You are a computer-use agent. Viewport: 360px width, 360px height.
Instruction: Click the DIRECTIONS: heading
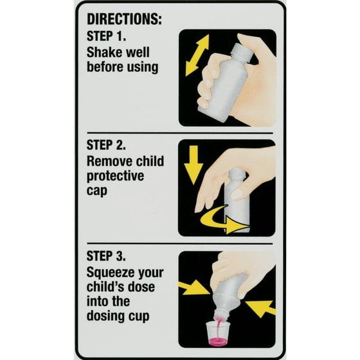pos(125,19)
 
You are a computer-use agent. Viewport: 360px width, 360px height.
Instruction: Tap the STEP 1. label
pos(106,36)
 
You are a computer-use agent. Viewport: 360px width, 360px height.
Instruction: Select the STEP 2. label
pos(106,145)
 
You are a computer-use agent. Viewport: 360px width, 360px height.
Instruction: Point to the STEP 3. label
pos(106,256)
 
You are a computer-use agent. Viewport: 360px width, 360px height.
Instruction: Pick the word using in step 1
pos(142,67)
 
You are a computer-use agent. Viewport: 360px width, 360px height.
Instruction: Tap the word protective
pos(115,177)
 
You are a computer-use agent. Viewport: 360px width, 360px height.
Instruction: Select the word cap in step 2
pos(96,192)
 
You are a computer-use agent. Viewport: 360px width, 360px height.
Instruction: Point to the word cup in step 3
pos(139,317)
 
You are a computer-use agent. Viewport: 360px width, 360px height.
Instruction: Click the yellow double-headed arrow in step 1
pos(197,55)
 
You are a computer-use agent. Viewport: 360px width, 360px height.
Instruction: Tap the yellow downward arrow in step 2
pos(194,165)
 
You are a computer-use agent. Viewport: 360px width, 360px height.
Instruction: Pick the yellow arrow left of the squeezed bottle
pos(194,288)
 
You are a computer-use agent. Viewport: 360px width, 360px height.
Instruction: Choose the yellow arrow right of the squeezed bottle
pos(261,309)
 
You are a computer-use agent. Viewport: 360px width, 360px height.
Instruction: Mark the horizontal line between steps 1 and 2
pos(180,133)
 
